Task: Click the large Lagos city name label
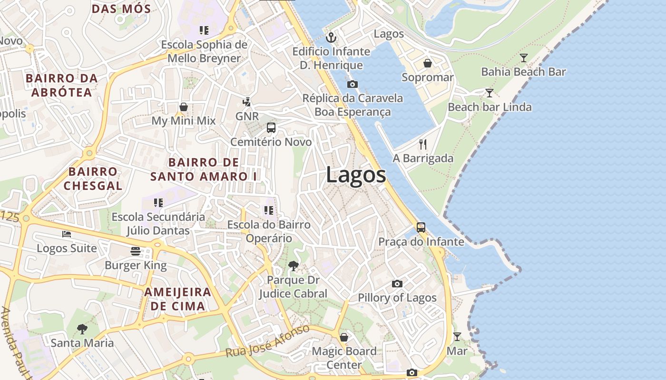pyautogui.click(x=356, y=175)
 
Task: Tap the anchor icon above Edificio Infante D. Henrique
pyautogui.click(x=331, y=37)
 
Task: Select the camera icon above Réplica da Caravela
pyautogui.click(x=353, y=85)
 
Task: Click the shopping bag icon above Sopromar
pyautogui.click(x=428, y=63)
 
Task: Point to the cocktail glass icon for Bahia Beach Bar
pyautogui.click(x=524, y=58)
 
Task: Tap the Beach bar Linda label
pyautogui.click(x=490, y=107)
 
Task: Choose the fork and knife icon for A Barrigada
pyautogui.click(x=423, y=144)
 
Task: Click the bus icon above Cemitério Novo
pyautogui.click(x=271, y=128)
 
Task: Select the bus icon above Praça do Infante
pyautogui.click(x=421, y=228)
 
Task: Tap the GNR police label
pyautogui.click(x=247, y=116)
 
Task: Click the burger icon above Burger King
pyautogui.click(x=136, y=251)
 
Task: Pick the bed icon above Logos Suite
pyautogui.click(x=67, y=234)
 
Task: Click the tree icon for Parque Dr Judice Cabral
pyautogui.click(x=294, y=266)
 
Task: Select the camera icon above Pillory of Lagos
pyautogui.click(x=397, y=284)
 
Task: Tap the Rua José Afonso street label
pyautogui.click(x=267, y=342)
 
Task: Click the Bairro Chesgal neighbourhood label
pyautogui.click(x=93, y=179)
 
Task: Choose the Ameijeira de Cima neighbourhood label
pyautogui.click(x=177, y=299)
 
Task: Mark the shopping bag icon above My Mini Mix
pyautogui.click(x=184, y=107)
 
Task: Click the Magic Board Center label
pyautogui.click(x=344, y=358)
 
